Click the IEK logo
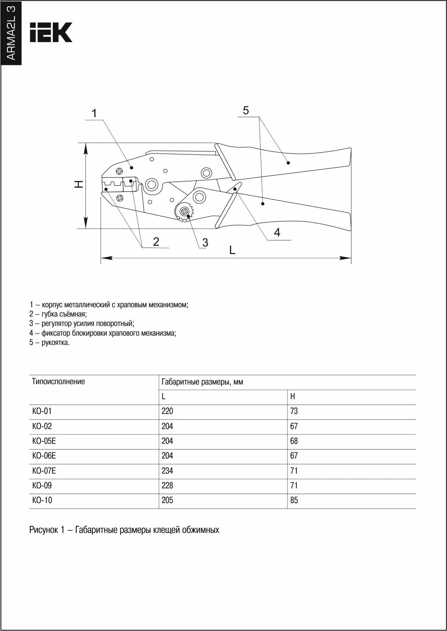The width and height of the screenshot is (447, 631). coord(51,32)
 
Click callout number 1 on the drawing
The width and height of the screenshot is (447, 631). coord(94,114)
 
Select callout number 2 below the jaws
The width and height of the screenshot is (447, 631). coord(156,241)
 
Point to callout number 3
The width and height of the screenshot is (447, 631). coord(205,243)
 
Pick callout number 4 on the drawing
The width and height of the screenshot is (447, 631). coord(277,232)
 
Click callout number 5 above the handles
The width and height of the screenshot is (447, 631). coord(246,111)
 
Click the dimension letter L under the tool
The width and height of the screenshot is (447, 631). coord(232,250)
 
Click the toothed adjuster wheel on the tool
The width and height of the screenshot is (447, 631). coord(185,212)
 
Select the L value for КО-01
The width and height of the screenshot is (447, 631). coord(167,411)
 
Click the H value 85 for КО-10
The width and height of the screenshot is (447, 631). coord(294,500)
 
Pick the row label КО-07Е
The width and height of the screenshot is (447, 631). coord(44,471)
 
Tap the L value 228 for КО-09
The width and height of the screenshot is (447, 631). coord(167,485)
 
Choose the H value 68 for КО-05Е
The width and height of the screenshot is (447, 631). coord(294,441)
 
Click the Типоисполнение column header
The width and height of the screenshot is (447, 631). coord(59,382)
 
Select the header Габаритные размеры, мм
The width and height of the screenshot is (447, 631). coord(202,382)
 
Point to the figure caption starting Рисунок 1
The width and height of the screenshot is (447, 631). coord(124,530)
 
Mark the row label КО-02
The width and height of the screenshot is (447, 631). coord(42,426)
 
